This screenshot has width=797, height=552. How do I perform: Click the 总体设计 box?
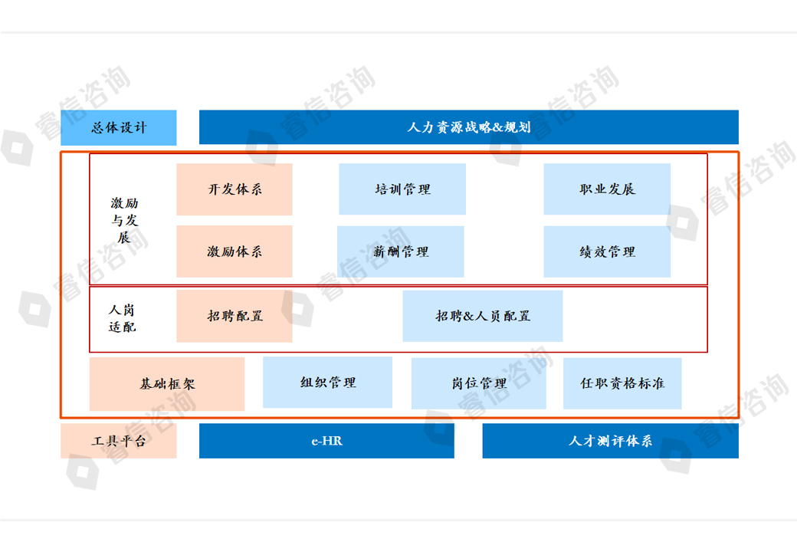[119, 128]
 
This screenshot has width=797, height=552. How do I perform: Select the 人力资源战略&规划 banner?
[468, 127]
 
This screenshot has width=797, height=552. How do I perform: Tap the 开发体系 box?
[235, 189]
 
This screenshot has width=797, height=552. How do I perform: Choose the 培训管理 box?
[402, 189]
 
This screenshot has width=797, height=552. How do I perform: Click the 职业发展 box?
[607, 189]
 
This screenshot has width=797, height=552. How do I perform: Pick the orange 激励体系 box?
[235, 251]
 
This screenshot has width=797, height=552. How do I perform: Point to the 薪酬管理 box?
[401, 251]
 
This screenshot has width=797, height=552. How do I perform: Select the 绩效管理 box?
[607, 251]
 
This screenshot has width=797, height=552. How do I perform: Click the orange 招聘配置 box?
[235, 316]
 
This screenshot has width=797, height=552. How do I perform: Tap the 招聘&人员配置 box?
[483, 316]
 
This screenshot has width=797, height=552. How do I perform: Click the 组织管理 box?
[327, 383]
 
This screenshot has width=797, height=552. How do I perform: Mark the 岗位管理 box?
[479, 383]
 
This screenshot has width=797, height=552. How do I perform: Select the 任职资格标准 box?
[622, 383]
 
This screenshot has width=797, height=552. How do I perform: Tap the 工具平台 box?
[119, 442]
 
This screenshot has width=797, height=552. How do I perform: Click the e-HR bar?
[326, 441]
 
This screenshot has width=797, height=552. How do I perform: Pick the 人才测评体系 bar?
[610, 441]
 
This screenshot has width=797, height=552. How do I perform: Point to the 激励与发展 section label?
[124, 220]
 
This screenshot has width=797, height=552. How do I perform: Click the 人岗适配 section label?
[123, 318]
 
